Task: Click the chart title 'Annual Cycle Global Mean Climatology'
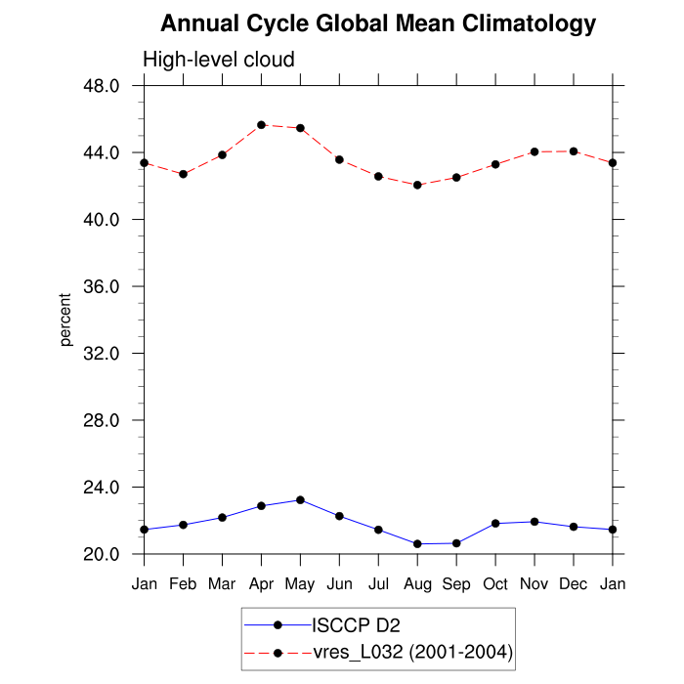tap(378, 22)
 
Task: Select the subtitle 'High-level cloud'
tap(219, 60)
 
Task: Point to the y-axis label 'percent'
tap(65, 320)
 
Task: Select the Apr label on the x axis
tap(261, 583)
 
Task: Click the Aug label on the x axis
tap(417, 583)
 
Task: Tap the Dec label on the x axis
tap(574, 583)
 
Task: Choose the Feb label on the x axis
tap(183, 583)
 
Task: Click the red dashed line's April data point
tap(262, 125)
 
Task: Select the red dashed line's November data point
tap(534, 151)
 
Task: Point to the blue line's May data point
tap(300, 500)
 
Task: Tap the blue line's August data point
tap(417, 544)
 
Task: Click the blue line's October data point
tap(495, 524)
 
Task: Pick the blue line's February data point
tap(183, 525)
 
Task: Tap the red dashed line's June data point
tap(339, 159)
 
